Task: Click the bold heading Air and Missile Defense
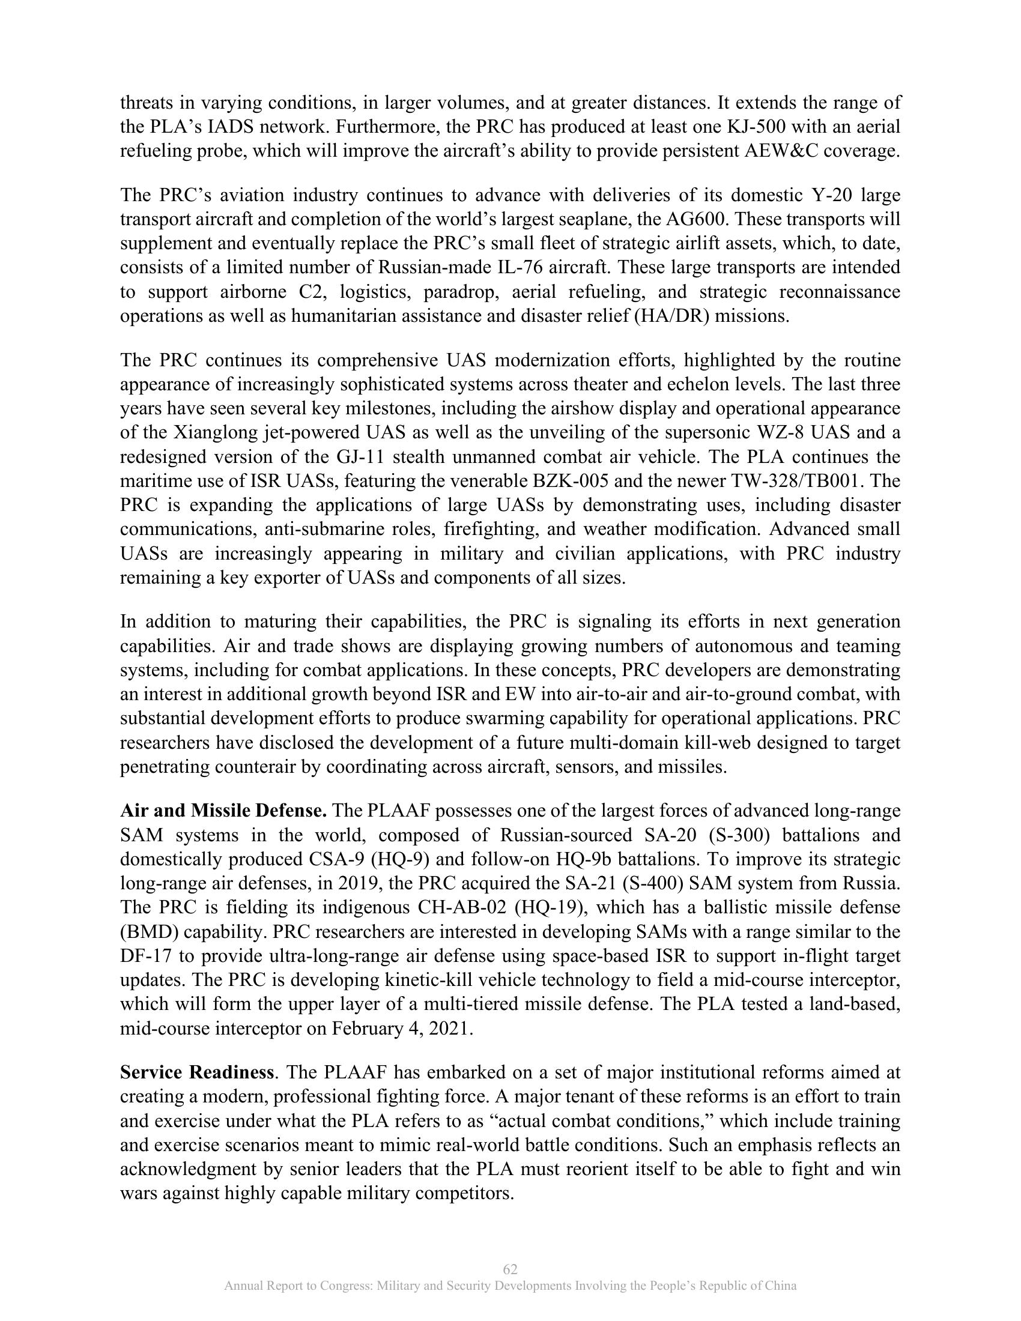pyautogui.click(x=224, y=811)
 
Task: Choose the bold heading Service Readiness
pyautogui.click(x=197, y=1073)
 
